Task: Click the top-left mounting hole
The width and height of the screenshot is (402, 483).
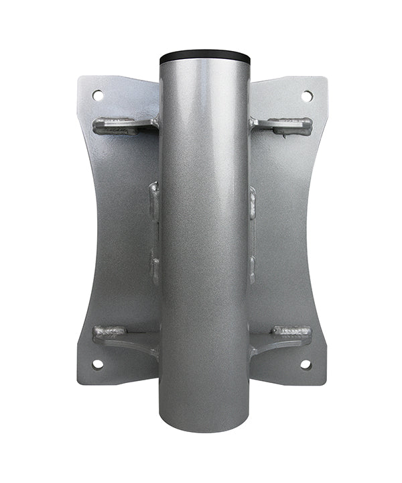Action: [98, 95]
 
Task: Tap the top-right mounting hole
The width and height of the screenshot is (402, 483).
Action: [307, 96]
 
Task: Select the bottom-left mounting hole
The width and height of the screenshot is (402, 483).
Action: [98, 364]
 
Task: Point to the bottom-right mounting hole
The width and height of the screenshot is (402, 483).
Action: [306, 364]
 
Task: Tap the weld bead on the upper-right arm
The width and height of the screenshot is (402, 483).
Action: [289, 125]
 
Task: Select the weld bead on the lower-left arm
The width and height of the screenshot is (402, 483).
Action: [111, 331]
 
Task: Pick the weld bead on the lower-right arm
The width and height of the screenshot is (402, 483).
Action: [291, 331]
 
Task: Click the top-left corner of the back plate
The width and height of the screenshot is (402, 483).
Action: [80, 79]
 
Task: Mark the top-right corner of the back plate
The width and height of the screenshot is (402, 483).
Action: [325, 79]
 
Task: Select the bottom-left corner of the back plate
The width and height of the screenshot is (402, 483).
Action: [80, 382]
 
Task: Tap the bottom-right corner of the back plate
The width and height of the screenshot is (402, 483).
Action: [324, 382]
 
